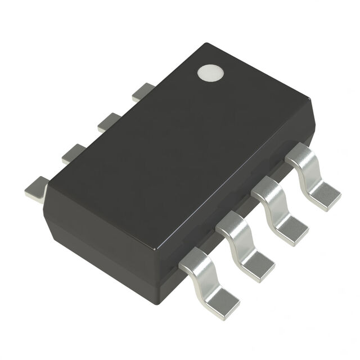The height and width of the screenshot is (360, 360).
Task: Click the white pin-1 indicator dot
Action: (x=210, y=73)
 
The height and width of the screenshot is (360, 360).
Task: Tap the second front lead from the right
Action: (x=278, y=208)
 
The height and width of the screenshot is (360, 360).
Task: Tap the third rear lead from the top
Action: (x=74, y=153)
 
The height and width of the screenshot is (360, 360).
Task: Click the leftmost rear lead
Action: (x=37, y=188)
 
